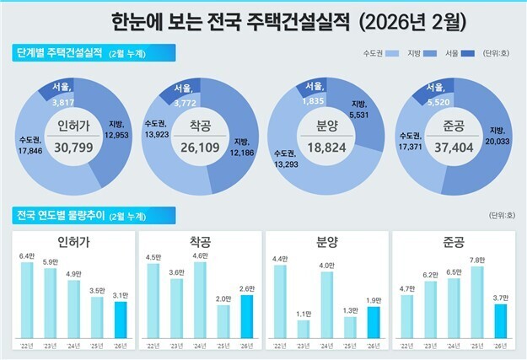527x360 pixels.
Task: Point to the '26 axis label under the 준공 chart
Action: pyautogui.click(x=499, y=346)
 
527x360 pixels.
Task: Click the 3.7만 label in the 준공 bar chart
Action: pyautogui.click(x=499, y=298)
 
